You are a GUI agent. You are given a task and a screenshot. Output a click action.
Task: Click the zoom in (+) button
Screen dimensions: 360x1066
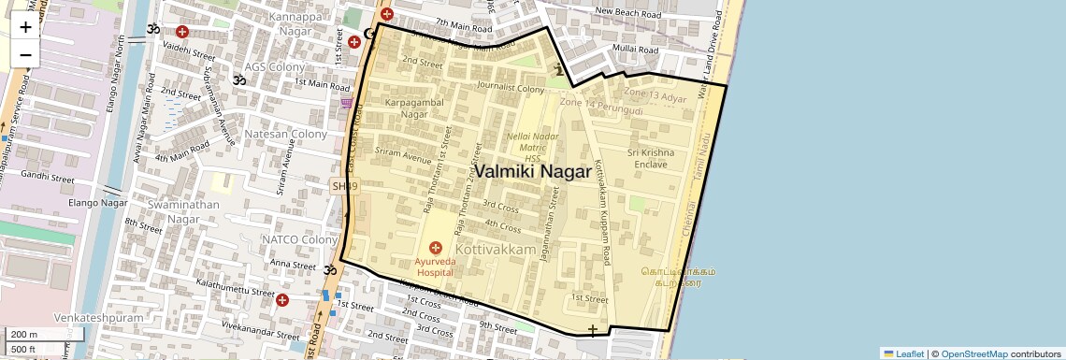pos(25,26)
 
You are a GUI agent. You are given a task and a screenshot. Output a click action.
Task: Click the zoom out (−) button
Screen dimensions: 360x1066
pos(25,54)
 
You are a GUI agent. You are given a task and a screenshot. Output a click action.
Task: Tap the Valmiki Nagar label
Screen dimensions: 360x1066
pos(533,172)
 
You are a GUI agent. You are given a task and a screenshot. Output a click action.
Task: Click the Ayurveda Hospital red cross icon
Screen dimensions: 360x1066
pos(435,248)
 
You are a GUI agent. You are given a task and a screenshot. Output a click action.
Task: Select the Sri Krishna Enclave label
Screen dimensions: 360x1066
pos(650,158)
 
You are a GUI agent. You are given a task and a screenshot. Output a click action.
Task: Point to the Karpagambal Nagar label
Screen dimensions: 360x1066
pos(401,108)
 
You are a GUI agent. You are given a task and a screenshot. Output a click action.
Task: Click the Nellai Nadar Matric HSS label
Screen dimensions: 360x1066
pos(532,147)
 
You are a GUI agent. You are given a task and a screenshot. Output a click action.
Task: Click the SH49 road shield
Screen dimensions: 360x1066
pos(344,187)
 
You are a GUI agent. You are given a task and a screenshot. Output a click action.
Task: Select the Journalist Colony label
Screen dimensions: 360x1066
pos(510,89)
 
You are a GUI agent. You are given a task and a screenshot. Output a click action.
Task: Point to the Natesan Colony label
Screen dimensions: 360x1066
pos(286,135)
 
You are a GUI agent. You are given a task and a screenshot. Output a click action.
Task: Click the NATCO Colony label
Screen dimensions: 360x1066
pos(299,239)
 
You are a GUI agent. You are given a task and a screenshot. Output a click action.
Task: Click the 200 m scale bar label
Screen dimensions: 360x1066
pos(23,335)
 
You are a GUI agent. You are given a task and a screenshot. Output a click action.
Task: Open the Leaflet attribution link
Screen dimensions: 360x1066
pos(903,353)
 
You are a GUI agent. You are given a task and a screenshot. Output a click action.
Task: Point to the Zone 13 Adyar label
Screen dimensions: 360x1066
pos(655,96)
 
